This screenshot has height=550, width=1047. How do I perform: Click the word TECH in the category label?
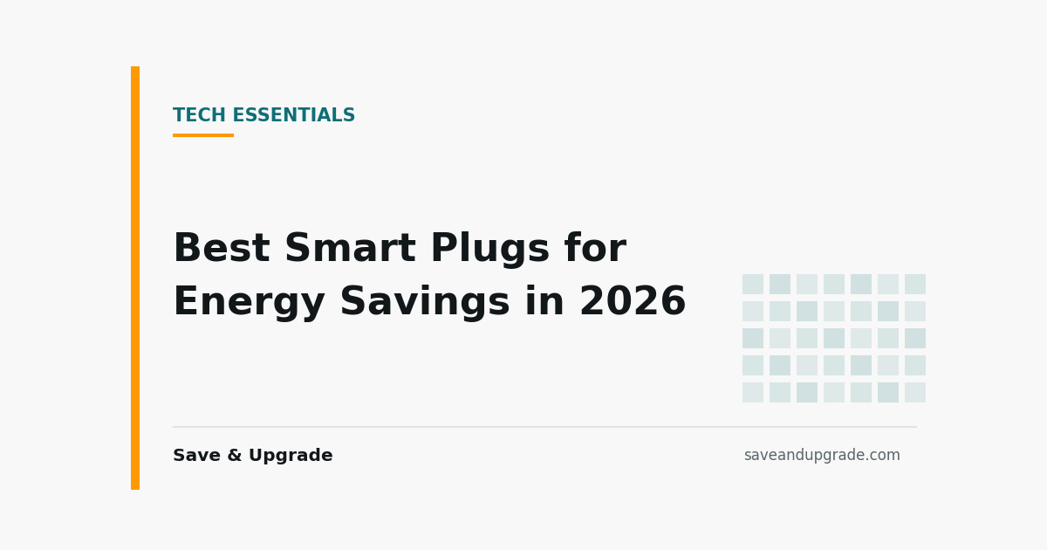point(200,115)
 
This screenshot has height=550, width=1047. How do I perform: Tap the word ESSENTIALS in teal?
point(294,115)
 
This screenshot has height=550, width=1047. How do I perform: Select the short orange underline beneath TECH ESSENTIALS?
point(203,135)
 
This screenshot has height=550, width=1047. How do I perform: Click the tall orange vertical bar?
point(135,278)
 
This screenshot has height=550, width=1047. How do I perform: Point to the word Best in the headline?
point(222,248)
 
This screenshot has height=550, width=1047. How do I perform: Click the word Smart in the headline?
point(351,248)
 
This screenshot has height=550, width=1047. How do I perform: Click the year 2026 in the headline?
point(633,301)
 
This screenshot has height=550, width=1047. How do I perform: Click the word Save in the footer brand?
point(197,455)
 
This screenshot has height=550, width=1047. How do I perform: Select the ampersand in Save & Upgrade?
point(235,455)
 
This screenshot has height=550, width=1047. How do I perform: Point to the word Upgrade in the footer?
point(291,456)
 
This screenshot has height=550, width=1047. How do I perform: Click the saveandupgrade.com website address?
point(822,455)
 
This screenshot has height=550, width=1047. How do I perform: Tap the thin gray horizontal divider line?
point(545,427)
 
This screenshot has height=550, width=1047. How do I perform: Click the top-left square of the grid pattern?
point(753,285)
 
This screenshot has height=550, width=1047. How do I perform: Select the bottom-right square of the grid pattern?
point(915,392)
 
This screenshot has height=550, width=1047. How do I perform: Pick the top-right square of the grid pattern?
point(915,285)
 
